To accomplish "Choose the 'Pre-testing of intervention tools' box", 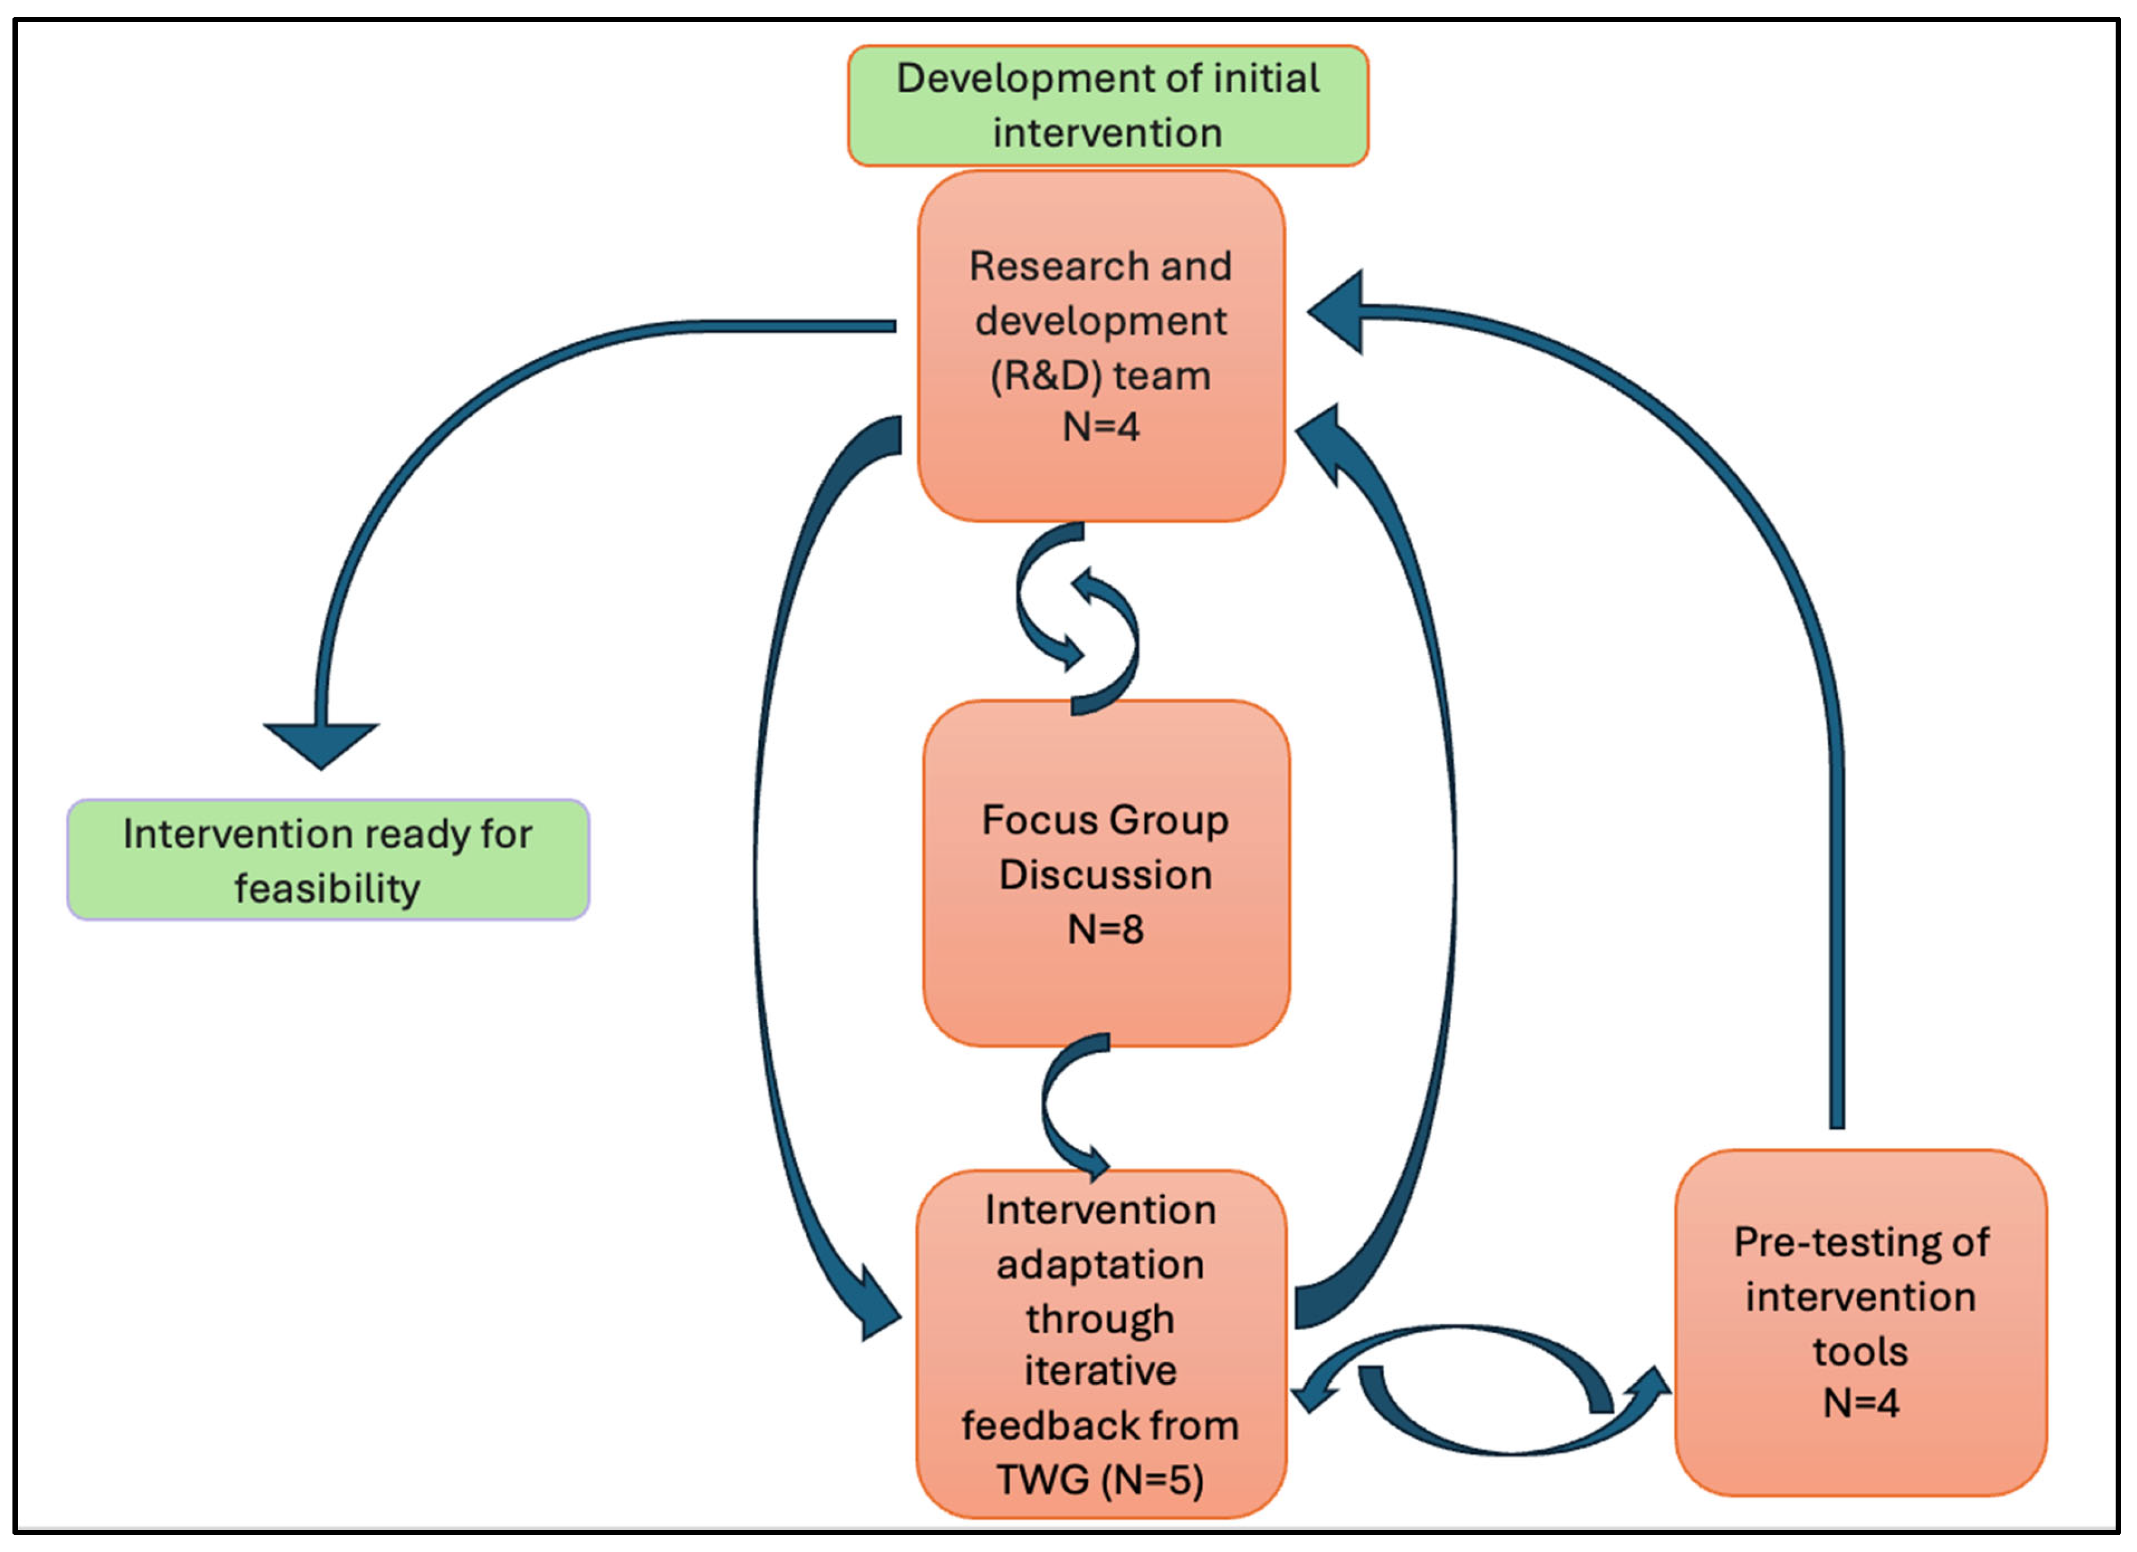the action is click(1861, 1322).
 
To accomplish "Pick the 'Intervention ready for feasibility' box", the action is click(328, 859).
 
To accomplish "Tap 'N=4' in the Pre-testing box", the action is click(1861, 1403).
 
